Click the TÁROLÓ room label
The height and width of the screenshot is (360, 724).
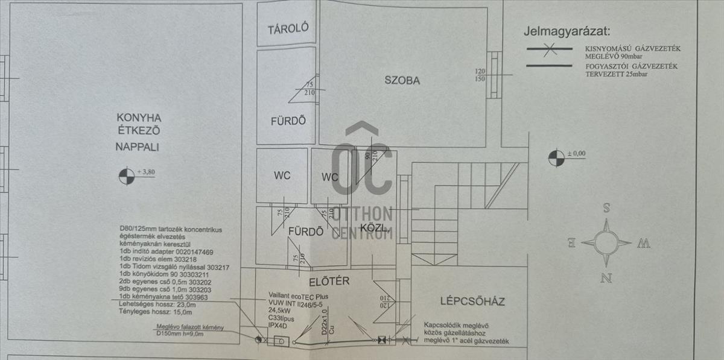click(288, 28)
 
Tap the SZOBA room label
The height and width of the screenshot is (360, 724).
click(403, 80)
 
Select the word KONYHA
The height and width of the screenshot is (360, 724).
click(130, 117)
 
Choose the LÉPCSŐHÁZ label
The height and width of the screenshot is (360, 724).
click(472, 302)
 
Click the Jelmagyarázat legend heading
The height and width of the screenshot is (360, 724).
click(567, 31)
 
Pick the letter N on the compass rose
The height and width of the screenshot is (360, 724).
click(608, 278)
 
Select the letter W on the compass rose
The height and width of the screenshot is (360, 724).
click(644, 244)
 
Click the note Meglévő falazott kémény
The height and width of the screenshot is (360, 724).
click(189, 327)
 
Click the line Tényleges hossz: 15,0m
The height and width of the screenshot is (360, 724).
click(156, 312)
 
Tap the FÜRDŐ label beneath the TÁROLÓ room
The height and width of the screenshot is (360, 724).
click(288, 120)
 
